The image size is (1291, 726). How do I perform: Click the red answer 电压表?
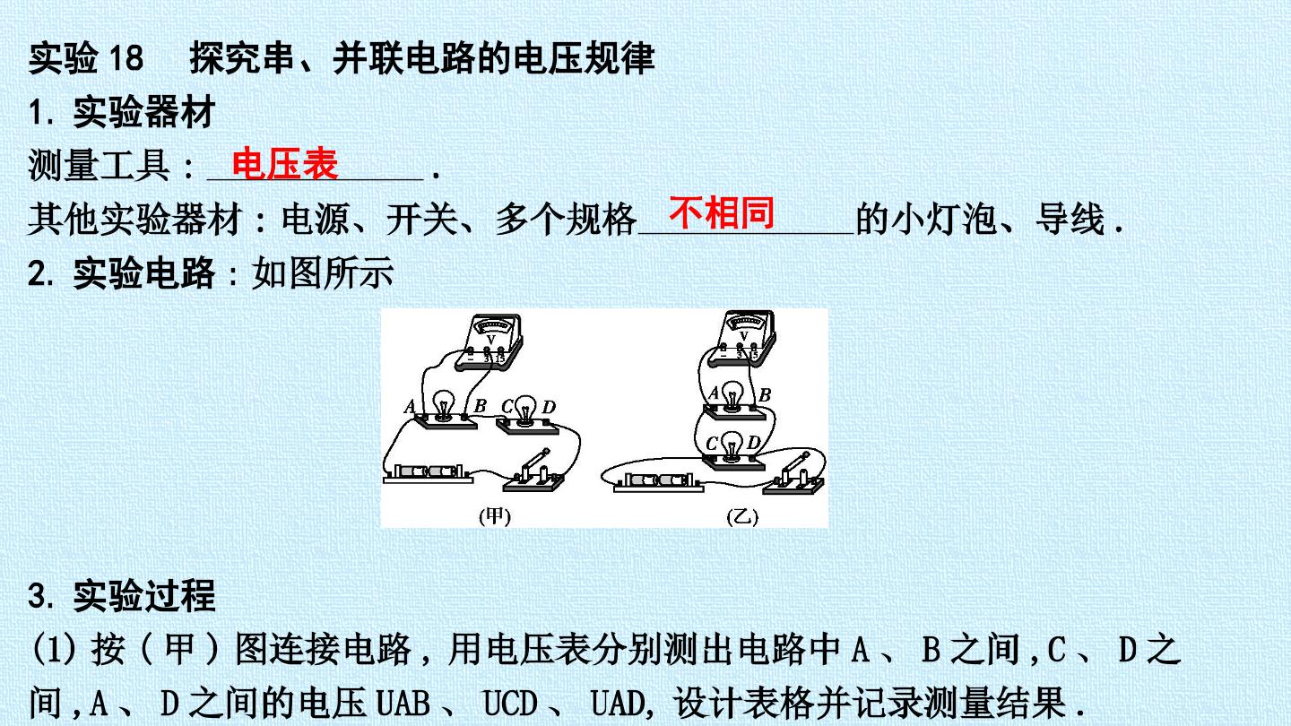(285, 164)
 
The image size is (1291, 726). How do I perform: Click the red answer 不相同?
(722, 212)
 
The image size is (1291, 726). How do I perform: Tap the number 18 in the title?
(126, 58)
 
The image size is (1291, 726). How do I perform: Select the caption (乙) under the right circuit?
(742, 516)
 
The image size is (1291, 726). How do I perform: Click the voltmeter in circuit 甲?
(490, 341)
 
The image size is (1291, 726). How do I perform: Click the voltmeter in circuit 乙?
(741, 337)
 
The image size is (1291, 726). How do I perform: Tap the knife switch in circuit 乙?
(793, 474)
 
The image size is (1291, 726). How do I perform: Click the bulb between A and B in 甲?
(444, 404)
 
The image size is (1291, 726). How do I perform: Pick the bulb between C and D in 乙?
(732, 445)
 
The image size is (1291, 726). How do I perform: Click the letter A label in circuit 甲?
(410, 407)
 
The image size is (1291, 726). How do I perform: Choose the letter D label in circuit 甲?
(549, 407)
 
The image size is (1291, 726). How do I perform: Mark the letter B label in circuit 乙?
(765, 394)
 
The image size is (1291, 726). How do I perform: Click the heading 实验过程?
(144, 595)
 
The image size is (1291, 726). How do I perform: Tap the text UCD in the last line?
(509, 703)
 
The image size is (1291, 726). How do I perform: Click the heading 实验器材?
(144, 112)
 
